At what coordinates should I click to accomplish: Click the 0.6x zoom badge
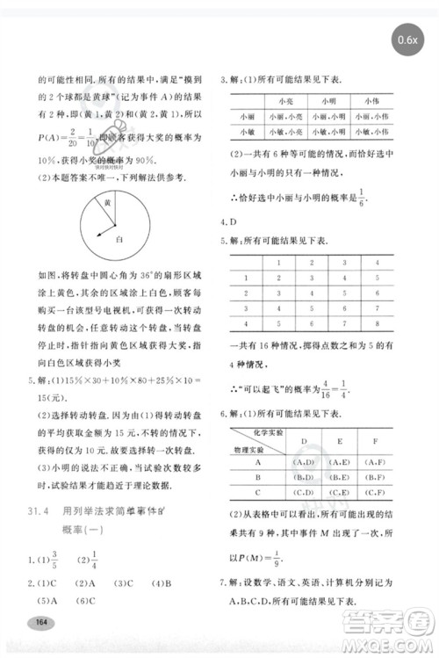pos(408,40)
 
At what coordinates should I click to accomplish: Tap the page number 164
pos(40,622)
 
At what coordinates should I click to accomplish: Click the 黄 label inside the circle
pos(106,202)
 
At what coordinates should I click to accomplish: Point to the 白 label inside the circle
pos(118,237)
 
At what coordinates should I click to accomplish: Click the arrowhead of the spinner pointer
pos(98,233)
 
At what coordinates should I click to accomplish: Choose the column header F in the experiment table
pos(376,440)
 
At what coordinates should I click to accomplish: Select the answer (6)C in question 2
pos(84,601)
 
